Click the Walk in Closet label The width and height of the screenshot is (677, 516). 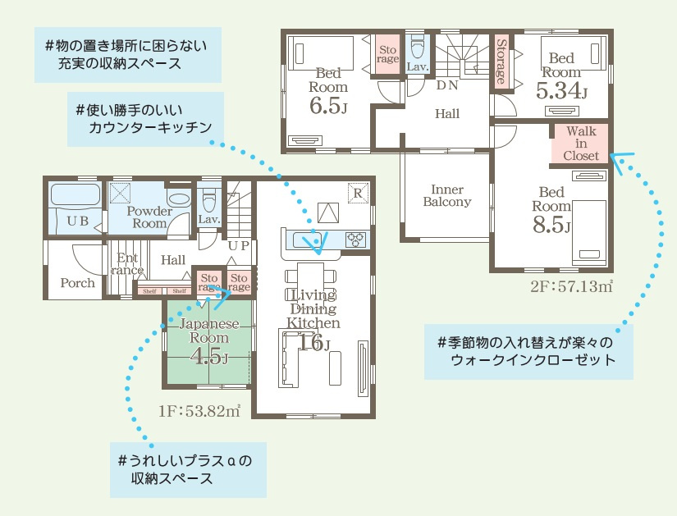pos(581,144)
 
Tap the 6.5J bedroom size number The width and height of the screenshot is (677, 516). pos(328,105)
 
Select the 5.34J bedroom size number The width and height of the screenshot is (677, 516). pos(561,91)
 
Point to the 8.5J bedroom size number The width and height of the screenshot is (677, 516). pos(551,225)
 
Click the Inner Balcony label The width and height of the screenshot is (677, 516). pos(447,195)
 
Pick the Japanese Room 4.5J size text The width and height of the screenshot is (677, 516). pos(209,356)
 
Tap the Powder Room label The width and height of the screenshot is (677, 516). pos(149,217)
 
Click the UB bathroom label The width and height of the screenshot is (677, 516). pos(78,221)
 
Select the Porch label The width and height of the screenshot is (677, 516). pos(77,283)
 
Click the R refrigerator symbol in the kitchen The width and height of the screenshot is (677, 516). pos(359,193)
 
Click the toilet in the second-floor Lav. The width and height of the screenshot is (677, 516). pos(417,48)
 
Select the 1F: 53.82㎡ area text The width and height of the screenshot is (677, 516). pos(199,411)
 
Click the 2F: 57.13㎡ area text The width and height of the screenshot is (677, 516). pos(571,285)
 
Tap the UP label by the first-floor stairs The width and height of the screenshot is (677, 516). pos(238,245)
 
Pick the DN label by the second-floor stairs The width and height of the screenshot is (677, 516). pos(447,85)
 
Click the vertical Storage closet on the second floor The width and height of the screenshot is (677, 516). pos(501,61)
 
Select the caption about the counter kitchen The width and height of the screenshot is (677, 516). pos(145,119)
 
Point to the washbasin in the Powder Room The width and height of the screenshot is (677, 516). pos(179,199)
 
